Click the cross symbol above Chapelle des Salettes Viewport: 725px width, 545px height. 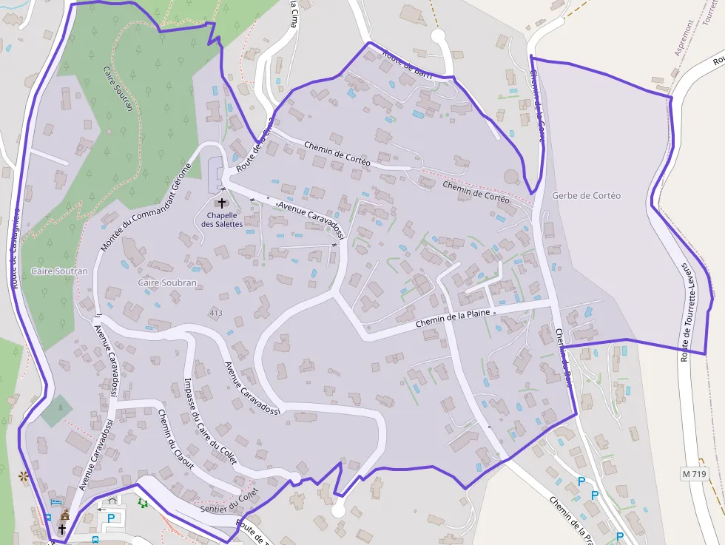222,202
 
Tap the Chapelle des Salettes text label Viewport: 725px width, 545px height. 222,220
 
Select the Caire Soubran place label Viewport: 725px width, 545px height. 167,283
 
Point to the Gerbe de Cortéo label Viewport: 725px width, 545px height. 586,196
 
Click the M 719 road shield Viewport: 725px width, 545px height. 695,473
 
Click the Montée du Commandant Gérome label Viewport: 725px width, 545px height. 146,207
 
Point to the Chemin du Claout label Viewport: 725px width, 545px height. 175,439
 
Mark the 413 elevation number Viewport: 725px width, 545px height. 215,314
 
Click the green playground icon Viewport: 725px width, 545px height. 143,504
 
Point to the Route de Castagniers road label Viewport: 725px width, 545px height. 15,244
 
